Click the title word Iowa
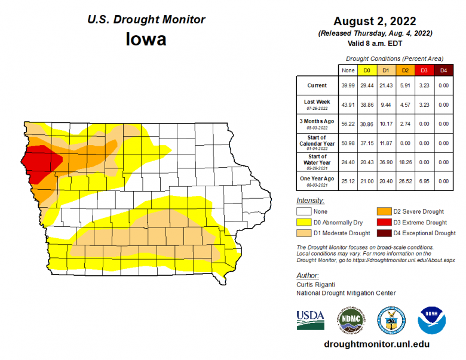(x=146, y=39)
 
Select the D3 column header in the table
(x=424, y=70)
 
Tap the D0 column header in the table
(x=367, y=70)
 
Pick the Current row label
(x=317, y=86)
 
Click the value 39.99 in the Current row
(x=348, y=86)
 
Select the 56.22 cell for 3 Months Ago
(x=348, y=124)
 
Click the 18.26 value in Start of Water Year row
(x=405, y=162)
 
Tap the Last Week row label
(x=317, y=103)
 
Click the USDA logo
(x=310, y=320)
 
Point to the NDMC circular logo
(x=350, y=321)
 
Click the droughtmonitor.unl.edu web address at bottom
(x=376, y=344)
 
